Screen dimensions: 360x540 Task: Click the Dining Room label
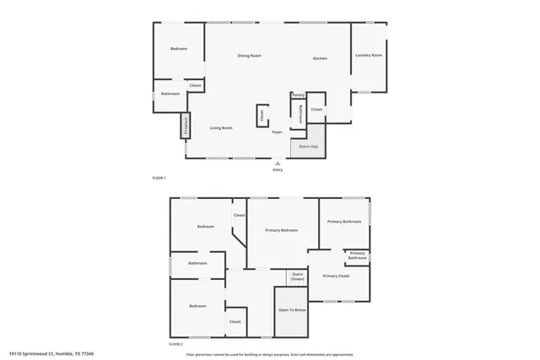[x=249, y=56]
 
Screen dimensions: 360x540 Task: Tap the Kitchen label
[x=320, y=58]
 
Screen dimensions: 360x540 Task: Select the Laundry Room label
[x=370, y=56]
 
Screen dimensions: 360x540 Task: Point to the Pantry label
[x=298, y=95]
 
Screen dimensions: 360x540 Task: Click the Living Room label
[x=221, y=128]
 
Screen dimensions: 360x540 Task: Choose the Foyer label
[x=277, y=132]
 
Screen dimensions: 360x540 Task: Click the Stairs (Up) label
[x=310, y=147]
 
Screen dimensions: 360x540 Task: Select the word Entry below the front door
[x=278, y=170]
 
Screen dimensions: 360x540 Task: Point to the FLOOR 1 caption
[x=159, y=178]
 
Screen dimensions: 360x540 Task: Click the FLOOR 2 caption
[x=175, y=344]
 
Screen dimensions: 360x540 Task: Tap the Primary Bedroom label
[x=281, y=230]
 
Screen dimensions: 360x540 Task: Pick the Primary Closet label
[x=336, y=276]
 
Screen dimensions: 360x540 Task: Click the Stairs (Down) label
[x=297, y=276]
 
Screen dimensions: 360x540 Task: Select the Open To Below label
[x=292, y=310]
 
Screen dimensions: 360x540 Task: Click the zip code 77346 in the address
[x=85, y=353]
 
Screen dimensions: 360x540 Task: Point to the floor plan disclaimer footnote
[x=269, y=353]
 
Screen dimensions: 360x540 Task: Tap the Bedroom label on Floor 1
[x=178, y=49]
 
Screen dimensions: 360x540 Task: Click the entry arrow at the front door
[x=278, y=163]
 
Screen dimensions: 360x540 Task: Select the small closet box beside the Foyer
[x=262, y=115]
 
